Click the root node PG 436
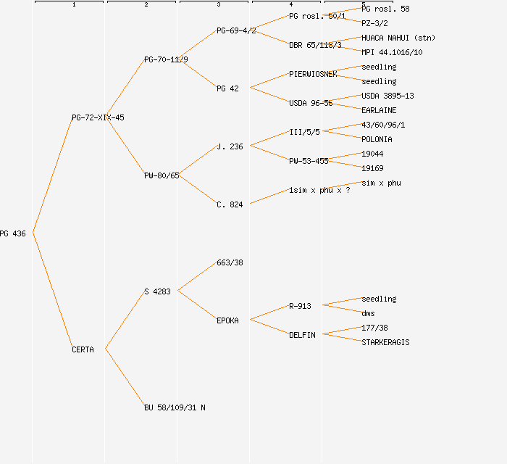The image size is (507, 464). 13,233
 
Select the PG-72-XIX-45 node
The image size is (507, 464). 98,117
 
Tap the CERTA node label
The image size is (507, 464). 83,349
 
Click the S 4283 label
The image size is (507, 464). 157,291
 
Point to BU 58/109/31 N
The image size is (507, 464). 175,407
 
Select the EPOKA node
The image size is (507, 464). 227,320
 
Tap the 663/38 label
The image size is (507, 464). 230,262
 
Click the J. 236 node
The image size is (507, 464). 230,146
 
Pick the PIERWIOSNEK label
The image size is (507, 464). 312,74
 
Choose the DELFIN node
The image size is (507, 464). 302,335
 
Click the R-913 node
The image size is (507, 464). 300,306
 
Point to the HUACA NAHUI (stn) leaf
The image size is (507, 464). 398,38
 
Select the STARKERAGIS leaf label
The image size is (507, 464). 385,342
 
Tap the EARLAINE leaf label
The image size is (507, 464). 379,110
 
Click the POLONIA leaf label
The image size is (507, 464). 377,139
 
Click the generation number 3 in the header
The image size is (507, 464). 219,5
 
